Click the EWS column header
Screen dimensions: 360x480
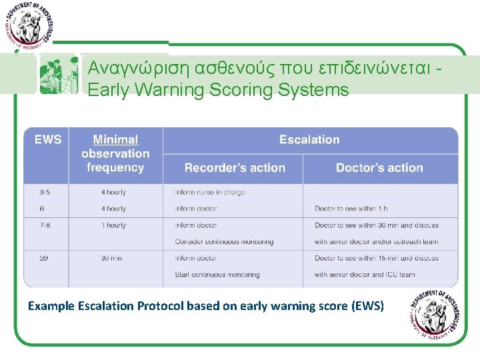[47, 140]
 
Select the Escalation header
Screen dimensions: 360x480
[309, 140]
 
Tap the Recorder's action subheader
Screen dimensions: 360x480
[235, 168]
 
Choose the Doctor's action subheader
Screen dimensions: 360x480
[379, 168]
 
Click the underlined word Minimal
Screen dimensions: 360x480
[115, 140]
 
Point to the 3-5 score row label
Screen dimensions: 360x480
[45, 192]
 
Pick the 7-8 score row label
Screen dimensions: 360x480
[45, 225]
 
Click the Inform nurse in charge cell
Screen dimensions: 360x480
[210, 192]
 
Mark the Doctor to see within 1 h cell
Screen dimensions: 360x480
[351, 209]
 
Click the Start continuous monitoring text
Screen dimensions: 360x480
[217, 274]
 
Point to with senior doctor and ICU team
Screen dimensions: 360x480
[365, 274]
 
